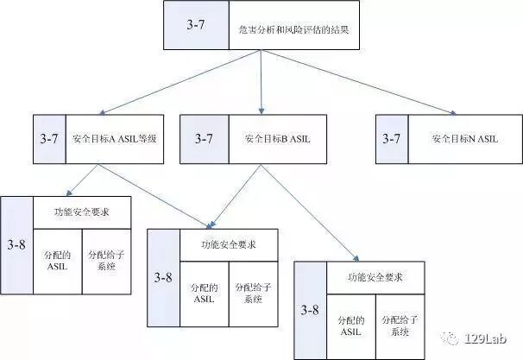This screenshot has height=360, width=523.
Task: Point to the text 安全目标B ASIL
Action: click(276, 138)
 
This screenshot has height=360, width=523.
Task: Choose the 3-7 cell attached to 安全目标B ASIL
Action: click(204, 138)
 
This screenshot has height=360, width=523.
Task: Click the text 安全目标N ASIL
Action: click(464, 138)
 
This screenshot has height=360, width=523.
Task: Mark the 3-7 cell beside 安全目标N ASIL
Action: click(392, 138)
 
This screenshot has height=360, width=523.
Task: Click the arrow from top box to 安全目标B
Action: click(261, 82)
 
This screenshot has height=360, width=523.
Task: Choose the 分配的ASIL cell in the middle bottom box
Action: click(204, 294)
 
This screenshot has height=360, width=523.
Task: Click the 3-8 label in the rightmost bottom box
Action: click(311, 308)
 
